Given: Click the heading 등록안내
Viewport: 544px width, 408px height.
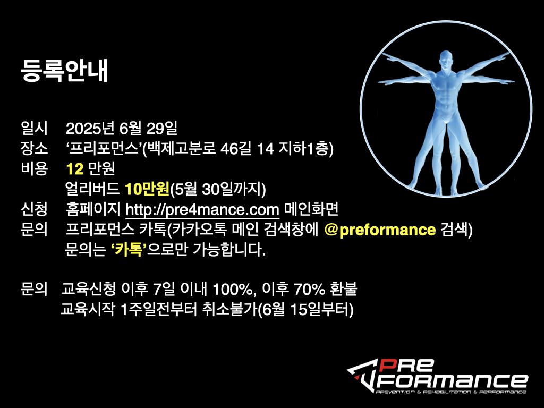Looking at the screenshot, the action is pyautogui.click(x=64, y=71).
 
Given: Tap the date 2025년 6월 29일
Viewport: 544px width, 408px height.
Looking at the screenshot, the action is pyautogui.click(x=122, y=129).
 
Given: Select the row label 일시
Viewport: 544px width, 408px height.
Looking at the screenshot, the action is pyautogui.click(x=34, y=129).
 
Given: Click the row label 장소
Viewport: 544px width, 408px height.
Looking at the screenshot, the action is pyautogui.click(x=34, y=149).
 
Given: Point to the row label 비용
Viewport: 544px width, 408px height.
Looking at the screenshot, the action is pyautogui.click(x=34, y=168).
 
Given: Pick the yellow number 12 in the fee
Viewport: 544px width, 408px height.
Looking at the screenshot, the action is pyautogui.click(x=75, y=169).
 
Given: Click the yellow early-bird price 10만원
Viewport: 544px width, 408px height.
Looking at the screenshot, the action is pyautogui.click(x=147, y=189).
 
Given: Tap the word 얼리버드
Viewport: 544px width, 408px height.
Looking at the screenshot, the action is pyautogui.click(x=92, y=189).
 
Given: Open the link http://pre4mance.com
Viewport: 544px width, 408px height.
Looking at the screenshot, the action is pyautogui.click(x=202, y=209).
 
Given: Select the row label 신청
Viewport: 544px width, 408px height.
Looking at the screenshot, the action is pyautogui.click(x=34, y=209).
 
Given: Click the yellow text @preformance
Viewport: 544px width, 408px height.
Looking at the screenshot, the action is pyautogui.click(x=380, y=229).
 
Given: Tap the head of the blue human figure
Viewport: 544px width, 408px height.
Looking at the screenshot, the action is pyautogui.click(x=446, y=61).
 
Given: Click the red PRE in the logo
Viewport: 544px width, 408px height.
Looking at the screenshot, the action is pyautogui.click(x=405, y=365).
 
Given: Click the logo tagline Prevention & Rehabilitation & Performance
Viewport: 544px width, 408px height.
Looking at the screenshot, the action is pyautogui.click(x=451, y=392).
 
